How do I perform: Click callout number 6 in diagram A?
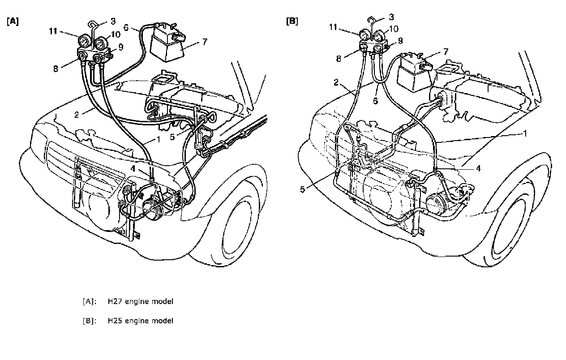127,28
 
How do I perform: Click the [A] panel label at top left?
13,21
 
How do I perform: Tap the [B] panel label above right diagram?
292,21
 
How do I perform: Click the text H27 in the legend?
114,301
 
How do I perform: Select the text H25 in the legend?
114,321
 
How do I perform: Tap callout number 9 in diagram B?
400,41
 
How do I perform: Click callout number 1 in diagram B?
524,133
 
